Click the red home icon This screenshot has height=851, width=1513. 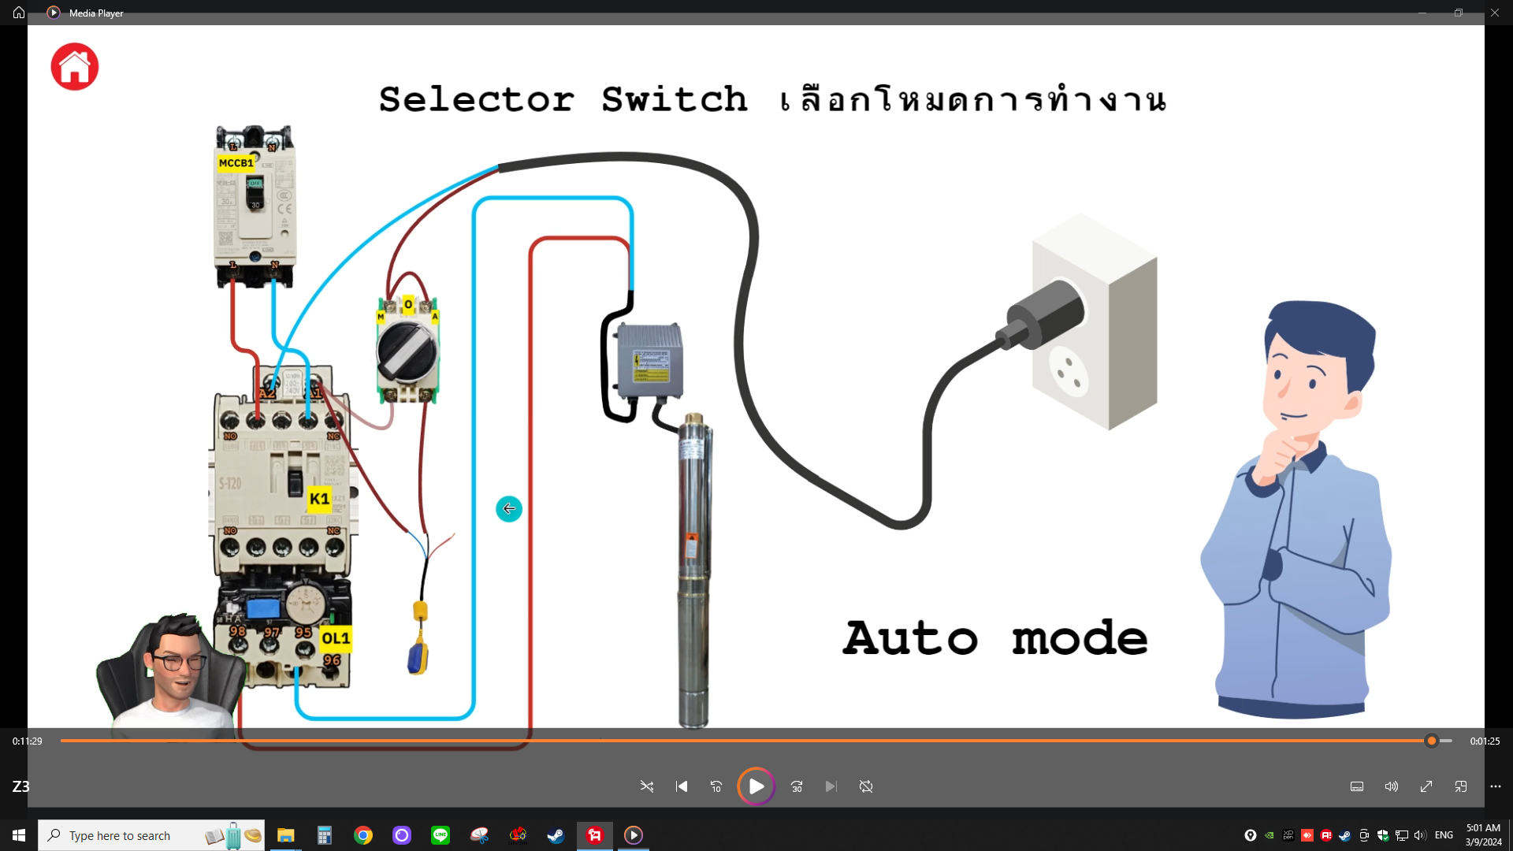click(x=75, y=67)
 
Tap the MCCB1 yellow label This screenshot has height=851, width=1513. click(x=236, y=163)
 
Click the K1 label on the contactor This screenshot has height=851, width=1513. click(x=319, y=499)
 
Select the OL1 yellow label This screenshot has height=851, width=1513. click(x=336, y=638)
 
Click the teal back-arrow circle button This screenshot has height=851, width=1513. click(x=509, y=509)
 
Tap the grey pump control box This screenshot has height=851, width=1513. click(x=649, y=362)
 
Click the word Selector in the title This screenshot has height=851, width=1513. click(x=477, y=100)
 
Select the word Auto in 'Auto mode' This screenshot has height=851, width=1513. click(x=910, y=638)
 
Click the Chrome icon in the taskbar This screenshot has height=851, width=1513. click(x=363, y=835)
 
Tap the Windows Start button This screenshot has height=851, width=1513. click(x=19, y=835)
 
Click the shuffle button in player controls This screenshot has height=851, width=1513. click(x=647, y=786)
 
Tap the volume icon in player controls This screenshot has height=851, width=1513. click(x=1392, y=786)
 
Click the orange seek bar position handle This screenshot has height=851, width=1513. click(x=1432, y=741)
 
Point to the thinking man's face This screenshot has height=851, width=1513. click(x=1304, y=378)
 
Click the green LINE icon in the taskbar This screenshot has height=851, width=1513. click(x=441, y=835)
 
